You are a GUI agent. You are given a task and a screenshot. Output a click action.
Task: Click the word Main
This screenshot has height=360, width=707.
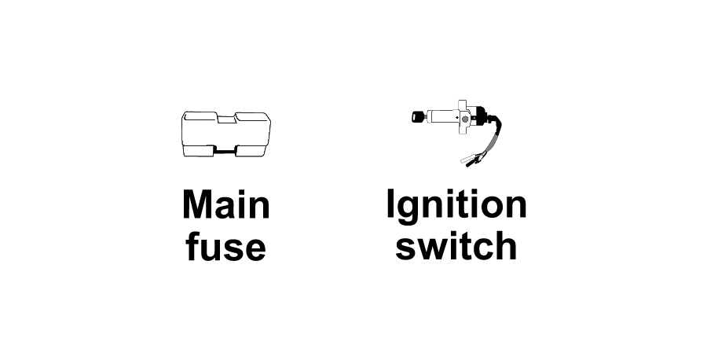(226, 205)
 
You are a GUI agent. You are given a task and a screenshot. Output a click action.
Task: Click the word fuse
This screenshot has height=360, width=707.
(225, 246)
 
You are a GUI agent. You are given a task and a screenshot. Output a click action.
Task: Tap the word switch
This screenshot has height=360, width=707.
(456, 245)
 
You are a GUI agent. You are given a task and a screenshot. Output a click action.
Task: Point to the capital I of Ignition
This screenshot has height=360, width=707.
(390, 204)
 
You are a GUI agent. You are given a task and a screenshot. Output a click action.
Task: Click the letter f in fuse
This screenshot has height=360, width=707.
(192, 246)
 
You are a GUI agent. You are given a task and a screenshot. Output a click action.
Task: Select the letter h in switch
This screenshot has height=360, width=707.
(507, 245)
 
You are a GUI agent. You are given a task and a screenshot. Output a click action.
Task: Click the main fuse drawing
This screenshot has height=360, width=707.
(226, 134)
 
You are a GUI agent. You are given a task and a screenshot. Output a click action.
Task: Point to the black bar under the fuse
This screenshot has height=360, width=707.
(225, 152)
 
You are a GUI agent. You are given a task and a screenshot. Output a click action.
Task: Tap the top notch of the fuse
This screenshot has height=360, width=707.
(226, 118)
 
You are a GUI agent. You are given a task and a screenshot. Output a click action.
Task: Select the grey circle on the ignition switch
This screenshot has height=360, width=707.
(465, 119)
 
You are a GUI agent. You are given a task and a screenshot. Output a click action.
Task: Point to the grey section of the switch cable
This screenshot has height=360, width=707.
(492, 141)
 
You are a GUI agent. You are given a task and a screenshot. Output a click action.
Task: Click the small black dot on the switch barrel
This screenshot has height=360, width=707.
(456, 118)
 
